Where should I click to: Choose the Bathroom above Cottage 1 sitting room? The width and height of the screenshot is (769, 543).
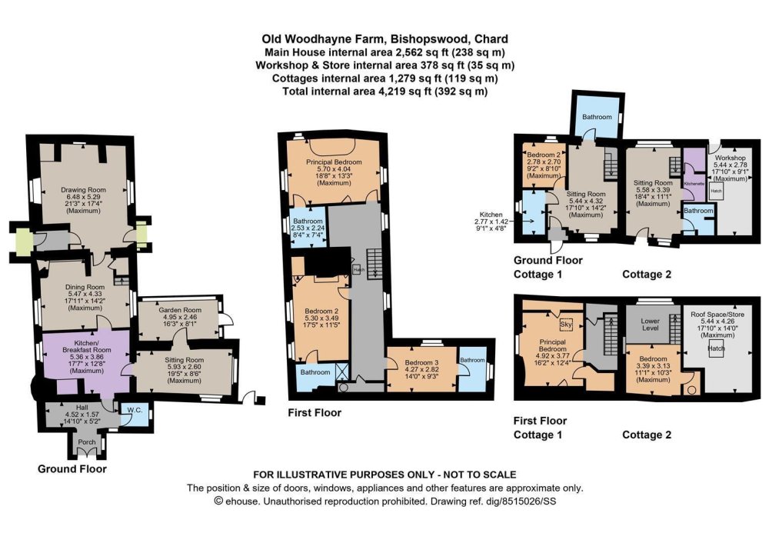coord(596,117)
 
